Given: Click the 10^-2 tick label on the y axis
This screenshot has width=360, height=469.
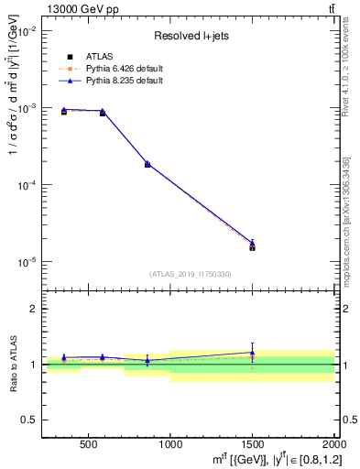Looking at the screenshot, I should (x=26, y=31).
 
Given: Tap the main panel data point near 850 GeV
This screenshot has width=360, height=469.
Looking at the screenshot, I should (x=147, y=164).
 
